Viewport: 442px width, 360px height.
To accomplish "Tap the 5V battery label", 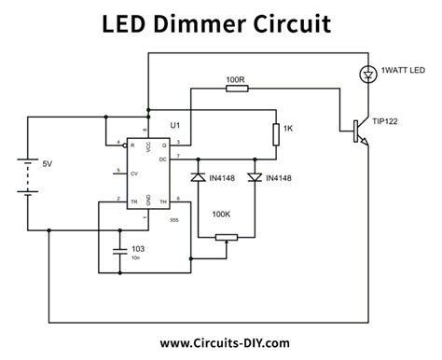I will (x=48, y=164).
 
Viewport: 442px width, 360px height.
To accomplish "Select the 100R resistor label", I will (x=236, y=81).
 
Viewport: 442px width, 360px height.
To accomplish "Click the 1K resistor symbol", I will (x=275, y=133).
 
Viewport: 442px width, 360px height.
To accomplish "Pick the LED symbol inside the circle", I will (x=365, y=73).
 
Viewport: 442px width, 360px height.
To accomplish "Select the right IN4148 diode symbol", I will (x=254, y=177).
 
